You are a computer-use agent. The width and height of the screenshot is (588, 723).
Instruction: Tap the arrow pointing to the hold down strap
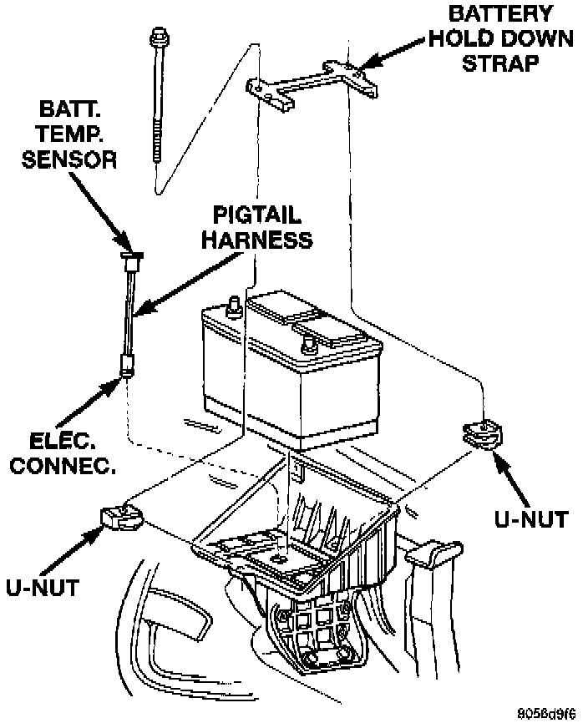[x=393, y=61]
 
